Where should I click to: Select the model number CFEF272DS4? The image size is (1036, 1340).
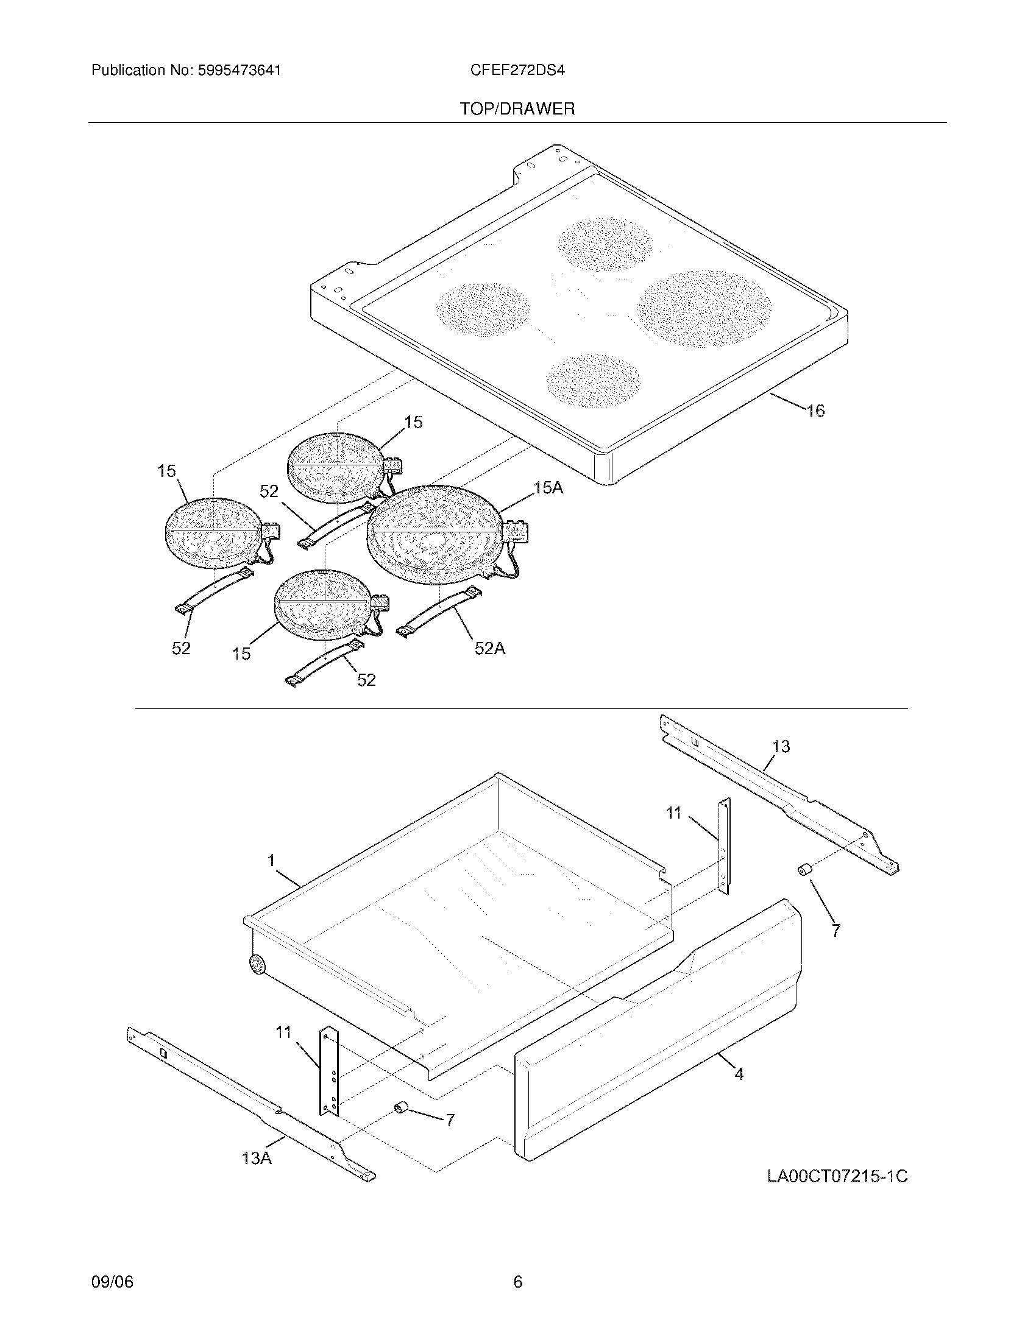(517, 71)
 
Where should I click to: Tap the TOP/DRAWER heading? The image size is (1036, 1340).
(517, 109)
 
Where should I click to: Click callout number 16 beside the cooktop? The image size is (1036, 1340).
(815, 411)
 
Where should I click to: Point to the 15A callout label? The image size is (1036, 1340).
(548, 488)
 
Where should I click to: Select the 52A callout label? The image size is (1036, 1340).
(490, 648)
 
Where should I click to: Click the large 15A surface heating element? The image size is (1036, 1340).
(436, 531)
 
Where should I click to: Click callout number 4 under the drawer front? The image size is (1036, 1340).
(739, 1074)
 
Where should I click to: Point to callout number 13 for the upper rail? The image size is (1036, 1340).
(781, 747)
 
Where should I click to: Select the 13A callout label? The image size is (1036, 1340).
(257, 1158)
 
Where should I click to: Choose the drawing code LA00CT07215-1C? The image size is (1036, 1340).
(837, 1176)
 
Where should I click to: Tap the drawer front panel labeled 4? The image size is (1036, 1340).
(657, 1043)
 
